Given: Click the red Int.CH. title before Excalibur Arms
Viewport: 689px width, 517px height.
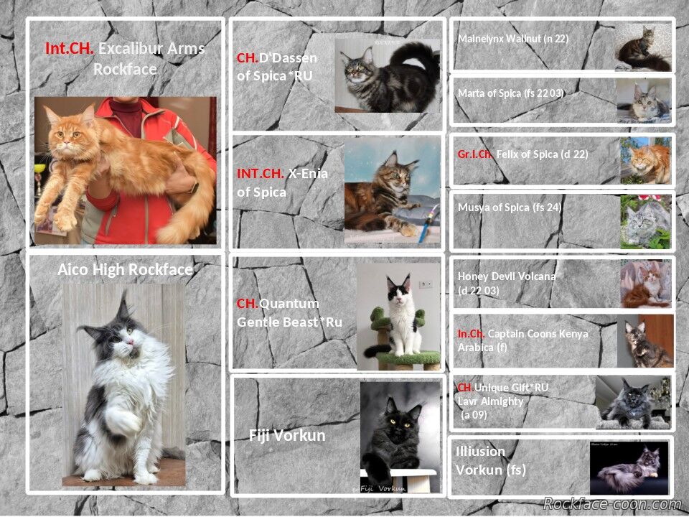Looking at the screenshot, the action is (70, 48).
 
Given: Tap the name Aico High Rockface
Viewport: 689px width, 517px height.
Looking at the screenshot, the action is (125, 269).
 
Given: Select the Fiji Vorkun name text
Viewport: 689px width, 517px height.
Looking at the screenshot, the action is (287, 435).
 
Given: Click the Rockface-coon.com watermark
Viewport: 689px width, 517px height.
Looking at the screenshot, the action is (612, 503).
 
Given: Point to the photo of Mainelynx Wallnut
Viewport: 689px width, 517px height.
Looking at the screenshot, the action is (643, 47).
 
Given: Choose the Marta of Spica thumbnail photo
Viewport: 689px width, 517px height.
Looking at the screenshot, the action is (644, 101).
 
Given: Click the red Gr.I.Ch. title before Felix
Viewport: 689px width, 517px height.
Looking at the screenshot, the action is (475, 154).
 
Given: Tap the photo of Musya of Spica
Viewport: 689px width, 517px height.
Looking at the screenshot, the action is (645, 222).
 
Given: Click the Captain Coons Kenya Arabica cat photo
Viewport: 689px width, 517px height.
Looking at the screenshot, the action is (645, 340).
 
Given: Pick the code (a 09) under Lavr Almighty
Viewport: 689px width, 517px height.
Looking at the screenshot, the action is (474, 414).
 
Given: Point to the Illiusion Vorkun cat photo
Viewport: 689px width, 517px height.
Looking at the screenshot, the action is (629, 467).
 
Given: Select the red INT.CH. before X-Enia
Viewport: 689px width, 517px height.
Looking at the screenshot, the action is (260, 173).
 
